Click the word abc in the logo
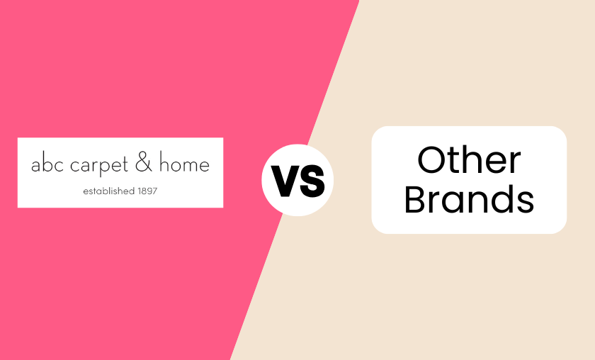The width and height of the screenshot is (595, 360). point(43,166)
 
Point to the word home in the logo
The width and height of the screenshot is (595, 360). point(185,166)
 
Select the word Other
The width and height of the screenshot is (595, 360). point(469,160)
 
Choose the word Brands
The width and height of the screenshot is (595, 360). point(469,200)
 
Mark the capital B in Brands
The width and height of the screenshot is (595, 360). point(416,200)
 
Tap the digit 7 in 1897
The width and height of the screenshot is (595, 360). point(155,191)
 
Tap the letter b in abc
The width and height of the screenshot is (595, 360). point(43,165)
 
